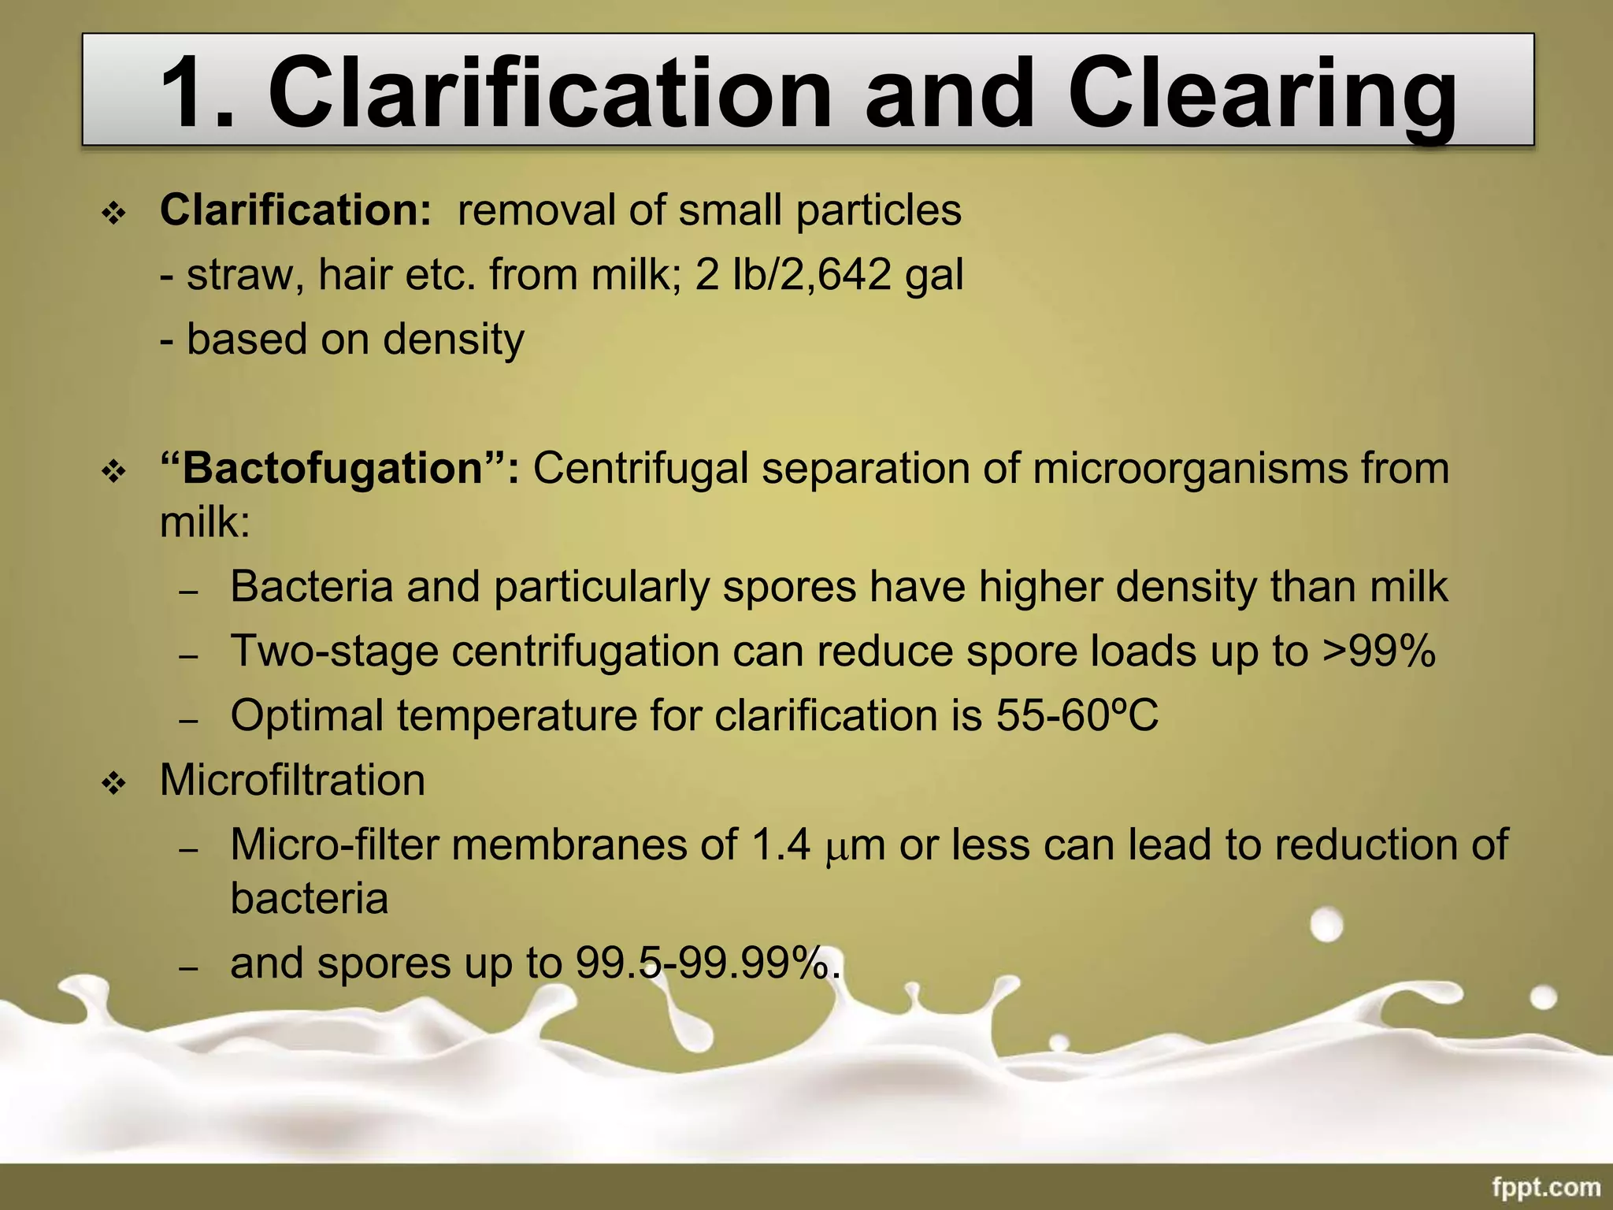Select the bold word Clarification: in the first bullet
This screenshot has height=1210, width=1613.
[295, 210]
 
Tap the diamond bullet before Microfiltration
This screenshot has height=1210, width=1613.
[114, 783]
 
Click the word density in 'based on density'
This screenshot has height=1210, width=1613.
[454, 340]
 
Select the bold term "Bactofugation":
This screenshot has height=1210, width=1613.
[339, 468]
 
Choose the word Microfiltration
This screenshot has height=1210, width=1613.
[292, 781]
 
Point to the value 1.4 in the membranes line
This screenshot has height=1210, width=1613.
[781, 845]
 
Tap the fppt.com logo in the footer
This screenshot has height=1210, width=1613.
[1545, 1186]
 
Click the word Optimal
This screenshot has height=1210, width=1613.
[306, 716]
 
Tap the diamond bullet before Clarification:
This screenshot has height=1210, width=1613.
[114, 213]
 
